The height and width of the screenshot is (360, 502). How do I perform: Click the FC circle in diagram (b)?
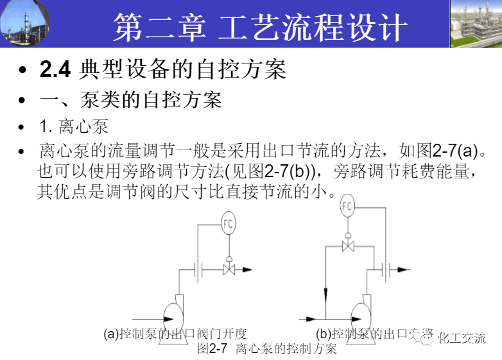pyautogui.click(x=347, y=206)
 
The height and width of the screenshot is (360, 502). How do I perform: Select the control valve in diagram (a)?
pyautogui.click(x=229, y=270)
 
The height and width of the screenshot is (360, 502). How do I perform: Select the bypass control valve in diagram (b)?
pyautogui.click(x=348, y=246)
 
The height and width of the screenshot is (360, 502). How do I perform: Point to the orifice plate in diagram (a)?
pyautogui.click(x=200, y=270)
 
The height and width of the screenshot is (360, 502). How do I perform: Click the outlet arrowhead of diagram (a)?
pyautogui.click(x=247, y=270)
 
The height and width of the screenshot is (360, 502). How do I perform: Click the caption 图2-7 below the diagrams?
pyautogui.click(x=212, y=349)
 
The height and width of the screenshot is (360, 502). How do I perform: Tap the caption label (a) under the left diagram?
pyautogui.click(x=112, y=334)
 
